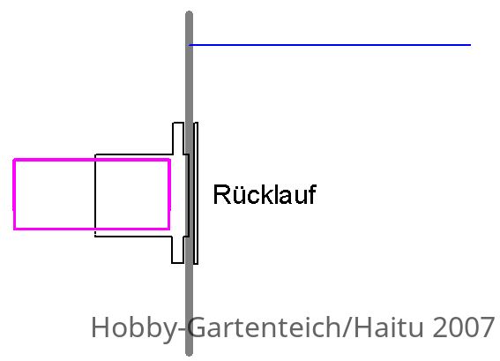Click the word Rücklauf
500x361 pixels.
tap(265, 194)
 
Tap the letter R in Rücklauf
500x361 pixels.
tap(220, 194)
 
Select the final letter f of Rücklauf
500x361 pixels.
tap(311, 194)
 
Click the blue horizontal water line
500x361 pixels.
tap(330, 45)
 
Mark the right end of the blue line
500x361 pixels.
tap(471, 45)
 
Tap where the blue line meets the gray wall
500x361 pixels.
tap(190, 45)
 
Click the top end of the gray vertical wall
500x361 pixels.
tap(189, 12)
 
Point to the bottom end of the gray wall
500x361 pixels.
tap(189, 354)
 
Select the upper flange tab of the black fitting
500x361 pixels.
tap(178, 139)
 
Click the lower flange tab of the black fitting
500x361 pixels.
tap(177, 250)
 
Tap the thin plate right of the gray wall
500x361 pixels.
tap(196, 193)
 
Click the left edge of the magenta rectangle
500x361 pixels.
tap(14, 194)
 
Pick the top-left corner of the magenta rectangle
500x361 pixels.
tap(14, 160)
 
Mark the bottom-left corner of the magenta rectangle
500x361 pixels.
tap(14, 229)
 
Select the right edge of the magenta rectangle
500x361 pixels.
tap(169, 194)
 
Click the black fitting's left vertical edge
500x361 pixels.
tap(95, 196)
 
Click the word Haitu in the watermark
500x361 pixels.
tap(388, 327)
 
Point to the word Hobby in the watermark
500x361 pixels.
tap(132, 327)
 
